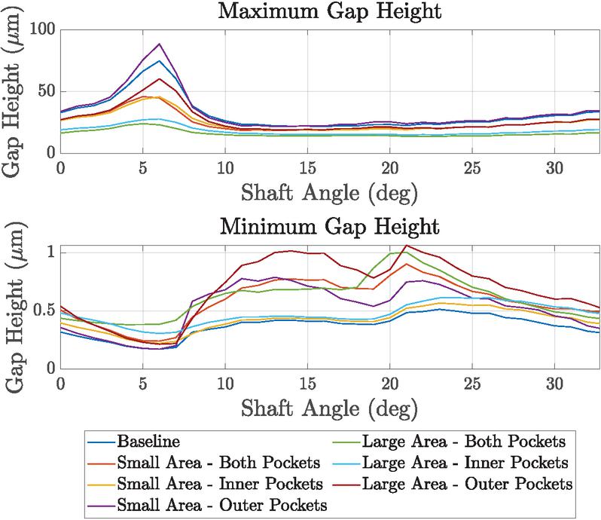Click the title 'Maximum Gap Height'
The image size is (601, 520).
coord(329,13)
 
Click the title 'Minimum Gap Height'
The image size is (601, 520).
coord(329,226)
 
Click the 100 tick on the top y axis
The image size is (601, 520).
coord(44,30)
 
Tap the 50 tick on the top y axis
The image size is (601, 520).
coord(47,91)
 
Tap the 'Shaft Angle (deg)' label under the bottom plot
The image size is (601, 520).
coord(329,408)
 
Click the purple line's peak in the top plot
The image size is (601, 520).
coord(160,44)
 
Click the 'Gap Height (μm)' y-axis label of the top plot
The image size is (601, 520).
coord(15,91)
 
